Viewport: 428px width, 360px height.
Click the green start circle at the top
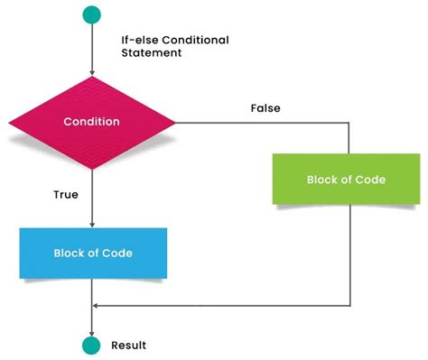[x=92, y=14]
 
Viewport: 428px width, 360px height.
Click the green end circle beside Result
[x=92, y=345]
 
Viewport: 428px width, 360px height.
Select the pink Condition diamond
[x=92, y=121]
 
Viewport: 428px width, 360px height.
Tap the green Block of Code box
[x=346, y=180]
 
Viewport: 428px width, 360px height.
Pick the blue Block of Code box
[x=92, y=253]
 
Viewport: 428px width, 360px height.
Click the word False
[x=265, y=108]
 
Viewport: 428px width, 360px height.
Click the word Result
[x=128, y=346]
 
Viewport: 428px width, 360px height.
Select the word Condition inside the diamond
[x=92, y=121]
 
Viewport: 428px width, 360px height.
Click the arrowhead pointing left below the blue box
[x=97, y=305]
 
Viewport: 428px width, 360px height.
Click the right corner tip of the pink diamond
[x=176, y=121]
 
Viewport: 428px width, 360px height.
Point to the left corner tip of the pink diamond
[x=8, y=121]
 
